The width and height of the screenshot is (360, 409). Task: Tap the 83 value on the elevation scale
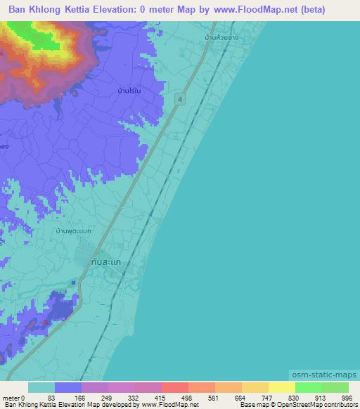pyautogui.click(x=51, y=398)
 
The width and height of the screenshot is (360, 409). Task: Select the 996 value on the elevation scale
pyautogui.click(x=347, y=398)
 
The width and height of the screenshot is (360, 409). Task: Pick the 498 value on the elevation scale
pyautogui.click(x=187, y=398)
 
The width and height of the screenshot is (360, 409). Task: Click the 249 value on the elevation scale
pyautogui.click(x=106, y=398)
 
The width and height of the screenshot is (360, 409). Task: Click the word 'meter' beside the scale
pyautogui.click(x=10, y=398)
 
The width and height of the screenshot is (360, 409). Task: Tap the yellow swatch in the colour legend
pyautogui.click(x=281, y=387)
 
